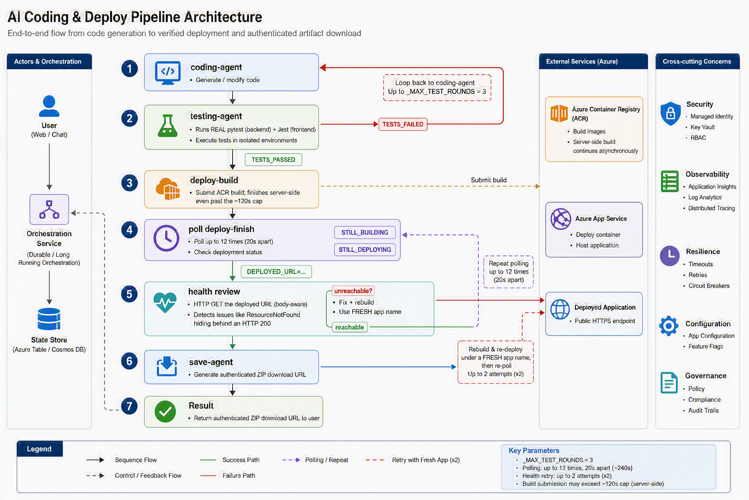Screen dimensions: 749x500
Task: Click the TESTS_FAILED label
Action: [403, 124]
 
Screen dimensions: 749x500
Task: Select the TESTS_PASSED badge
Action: [273, 160]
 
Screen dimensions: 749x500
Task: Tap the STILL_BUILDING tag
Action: [365, 232]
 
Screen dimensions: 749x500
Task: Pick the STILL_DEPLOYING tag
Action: [365, 250]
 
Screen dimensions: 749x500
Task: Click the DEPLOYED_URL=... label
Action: [276, 271]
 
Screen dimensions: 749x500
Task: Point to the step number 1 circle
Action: [129, 69]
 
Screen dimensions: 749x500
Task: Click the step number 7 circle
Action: [129, 406]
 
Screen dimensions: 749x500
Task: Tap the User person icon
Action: [49, 106]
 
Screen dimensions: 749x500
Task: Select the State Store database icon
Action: [49, 319]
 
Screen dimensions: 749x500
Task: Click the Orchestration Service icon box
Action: [49, 209]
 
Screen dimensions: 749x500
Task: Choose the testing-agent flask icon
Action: [168, 125]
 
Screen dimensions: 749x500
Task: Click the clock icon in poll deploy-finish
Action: [166, 238]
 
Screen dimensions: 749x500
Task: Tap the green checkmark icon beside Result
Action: [165, 412]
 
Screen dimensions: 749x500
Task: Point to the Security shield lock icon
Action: [670, 113]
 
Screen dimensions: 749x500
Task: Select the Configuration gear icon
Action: [669, 326]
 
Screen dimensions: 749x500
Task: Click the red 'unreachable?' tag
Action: [353, 291]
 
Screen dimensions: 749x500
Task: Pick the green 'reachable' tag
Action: [350, 327]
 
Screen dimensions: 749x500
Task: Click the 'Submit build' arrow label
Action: [489, 180]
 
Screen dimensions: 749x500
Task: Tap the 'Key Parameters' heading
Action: [533, 450]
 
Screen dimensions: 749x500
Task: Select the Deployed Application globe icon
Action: [560, 310]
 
